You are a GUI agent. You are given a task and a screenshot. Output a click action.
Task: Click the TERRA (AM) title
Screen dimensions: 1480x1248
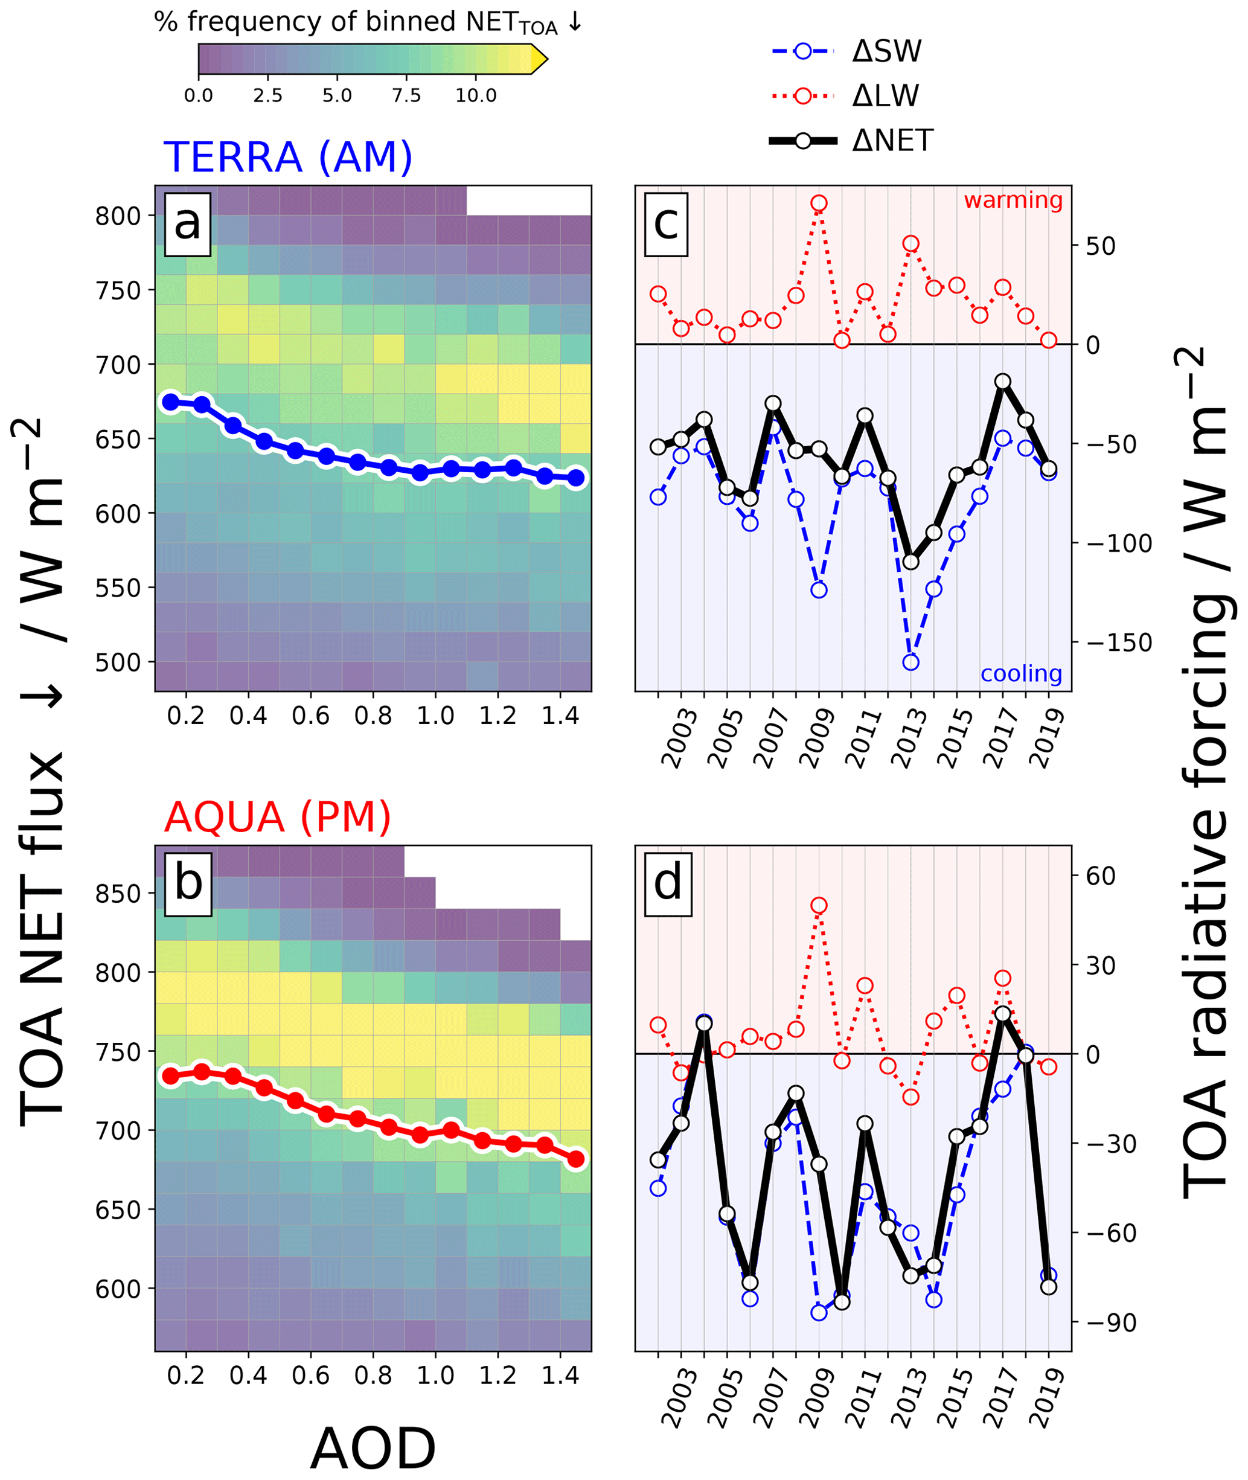(287, 157)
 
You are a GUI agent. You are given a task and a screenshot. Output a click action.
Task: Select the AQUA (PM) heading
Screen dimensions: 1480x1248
(277, 817)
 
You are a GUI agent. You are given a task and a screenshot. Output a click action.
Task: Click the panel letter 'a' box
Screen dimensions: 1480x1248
(188, 223)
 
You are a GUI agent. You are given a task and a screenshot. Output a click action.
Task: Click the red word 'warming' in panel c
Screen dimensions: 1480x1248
(1013, 200)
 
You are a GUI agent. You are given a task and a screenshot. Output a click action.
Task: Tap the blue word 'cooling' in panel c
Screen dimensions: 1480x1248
(1021, 673)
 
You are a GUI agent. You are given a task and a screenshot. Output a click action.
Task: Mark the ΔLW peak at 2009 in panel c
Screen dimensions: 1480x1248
(819, 203)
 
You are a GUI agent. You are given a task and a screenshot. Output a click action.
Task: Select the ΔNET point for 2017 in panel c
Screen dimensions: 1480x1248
(1002, 381)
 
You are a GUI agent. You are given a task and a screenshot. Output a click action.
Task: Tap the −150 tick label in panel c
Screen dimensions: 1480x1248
(1119, 642)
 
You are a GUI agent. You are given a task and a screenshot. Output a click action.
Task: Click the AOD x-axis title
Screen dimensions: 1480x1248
(373, 1447)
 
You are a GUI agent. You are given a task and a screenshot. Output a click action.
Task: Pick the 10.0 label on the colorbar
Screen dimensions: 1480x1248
(475, 95)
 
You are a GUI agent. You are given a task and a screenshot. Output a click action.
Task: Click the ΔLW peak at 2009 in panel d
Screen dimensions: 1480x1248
(819, 906)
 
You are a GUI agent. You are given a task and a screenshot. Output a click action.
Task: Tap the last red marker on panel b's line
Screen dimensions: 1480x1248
(576, 1158)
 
